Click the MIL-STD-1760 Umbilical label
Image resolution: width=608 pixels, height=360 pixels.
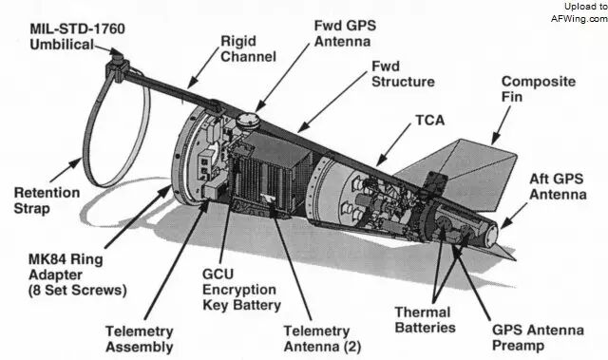click(x=77, y=36)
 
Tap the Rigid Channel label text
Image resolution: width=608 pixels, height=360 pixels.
click(x=248, y=48)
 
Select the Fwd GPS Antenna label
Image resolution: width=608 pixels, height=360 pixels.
click(x=345, y=33)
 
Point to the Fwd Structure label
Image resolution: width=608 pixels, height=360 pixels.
click(x=403, y=74)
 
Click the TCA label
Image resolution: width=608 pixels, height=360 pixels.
click(x=430, y=120)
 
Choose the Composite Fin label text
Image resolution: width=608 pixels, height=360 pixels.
click(x=539, y=89)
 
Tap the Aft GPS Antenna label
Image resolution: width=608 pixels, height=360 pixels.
click(x=558, y=186)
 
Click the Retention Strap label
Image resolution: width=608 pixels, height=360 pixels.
click(x=47, y=200)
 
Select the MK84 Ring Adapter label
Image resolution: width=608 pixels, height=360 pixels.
click(x=78, y=275)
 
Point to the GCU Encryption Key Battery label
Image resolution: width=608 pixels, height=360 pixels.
click(x=241, y=290)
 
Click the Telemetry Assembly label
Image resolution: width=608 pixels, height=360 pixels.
click(x=140, y=339)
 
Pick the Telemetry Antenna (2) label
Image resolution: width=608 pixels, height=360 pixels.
click(x=322, y=339)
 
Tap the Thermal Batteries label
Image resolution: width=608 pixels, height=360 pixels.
click(x=425, y=320)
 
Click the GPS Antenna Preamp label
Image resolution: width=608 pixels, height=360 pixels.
click(x=538, y=337)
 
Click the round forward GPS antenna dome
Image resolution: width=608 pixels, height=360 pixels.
click(x=247, y=119)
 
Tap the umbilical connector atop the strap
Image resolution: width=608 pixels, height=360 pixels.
click(x=117, y=62)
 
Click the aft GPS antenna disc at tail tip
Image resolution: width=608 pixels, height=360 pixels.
click(x=492, y=235)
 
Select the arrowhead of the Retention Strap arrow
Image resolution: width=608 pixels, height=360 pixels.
click(x=77, y=162)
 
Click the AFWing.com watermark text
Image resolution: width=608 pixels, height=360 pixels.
click(x=579, y=18)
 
